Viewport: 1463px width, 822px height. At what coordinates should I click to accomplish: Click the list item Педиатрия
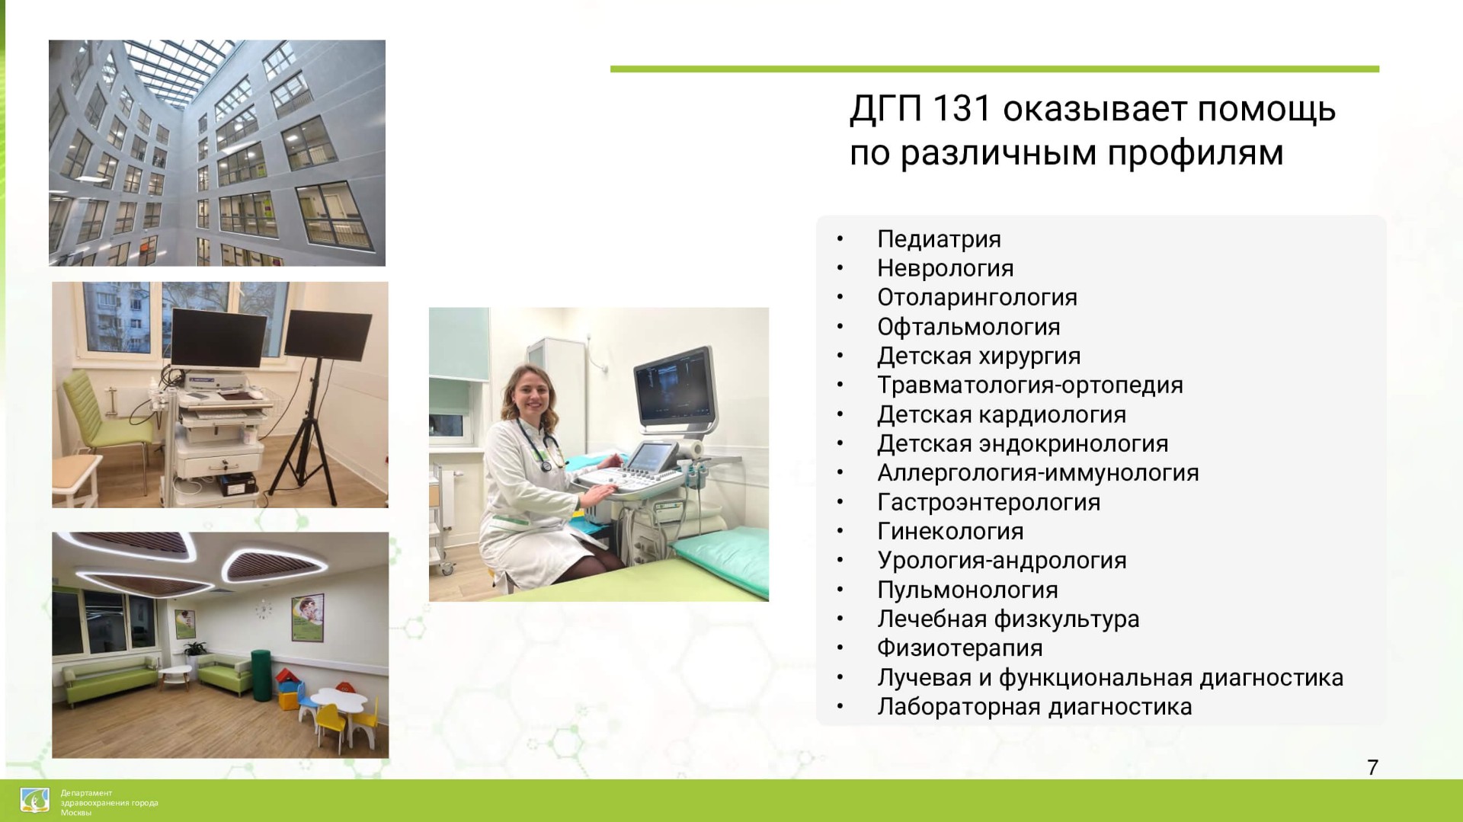point(939,239)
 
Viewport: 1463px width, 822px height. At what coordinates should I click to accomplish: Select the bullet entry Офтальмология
point(968,327)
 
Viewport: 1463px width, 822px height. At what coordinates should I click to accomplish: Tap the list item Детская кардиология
point(1001,414)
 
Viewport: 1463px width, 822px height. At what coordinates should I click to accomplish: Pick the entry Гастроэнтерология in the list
point(988,502)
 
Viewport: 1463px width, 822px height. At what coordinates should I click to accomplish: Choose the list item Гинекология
point(950,531)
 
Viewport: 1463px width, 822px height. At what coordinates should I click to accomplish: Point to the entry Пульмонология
point(968,590)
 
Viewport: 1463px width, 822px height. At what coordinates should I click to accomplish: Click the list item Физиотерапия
point(959,648)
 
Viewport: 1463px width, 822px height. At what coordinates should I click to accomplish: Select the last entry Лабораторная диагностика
point(1034,707)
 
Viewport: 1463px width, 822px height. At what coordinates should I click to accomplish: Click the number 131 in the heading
point(961,109)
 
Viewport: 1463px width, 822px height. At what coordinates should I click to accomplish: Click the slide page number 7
point(1372,767)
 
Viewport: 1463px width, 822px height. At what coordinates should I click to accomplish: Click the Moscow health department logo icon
point(35,801)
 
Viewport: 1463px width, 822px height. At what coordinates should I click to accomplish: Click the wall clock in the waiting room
point(263,609)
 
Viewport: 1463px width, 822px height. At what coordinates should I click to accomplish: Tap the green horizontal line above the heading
point(994,69)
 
